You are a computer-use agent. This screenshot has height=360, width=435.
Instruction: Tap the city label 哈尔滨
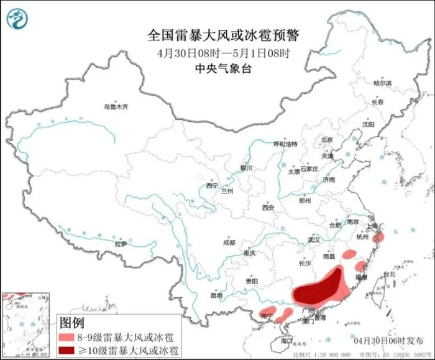point(382,83)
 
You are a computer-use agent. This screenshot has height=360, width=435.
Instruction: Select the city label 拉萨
point(121,244)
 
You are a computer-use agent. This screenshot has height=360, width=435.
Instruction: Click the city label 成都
point(229,242)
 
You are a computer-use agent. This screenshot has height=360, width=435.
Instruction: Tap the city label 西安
point(268,208)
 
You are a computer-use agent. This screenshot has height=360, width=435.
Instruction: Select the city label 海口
point(285,341)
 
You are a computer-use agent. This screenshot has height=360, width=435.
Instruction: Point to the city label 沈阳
point(369,124)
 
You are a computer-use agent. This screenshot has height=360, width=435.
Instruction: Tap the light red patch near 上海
point(380,237)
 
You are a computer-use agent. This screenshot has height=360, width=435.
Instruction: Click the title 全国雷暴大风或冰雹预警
point(219,34)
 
